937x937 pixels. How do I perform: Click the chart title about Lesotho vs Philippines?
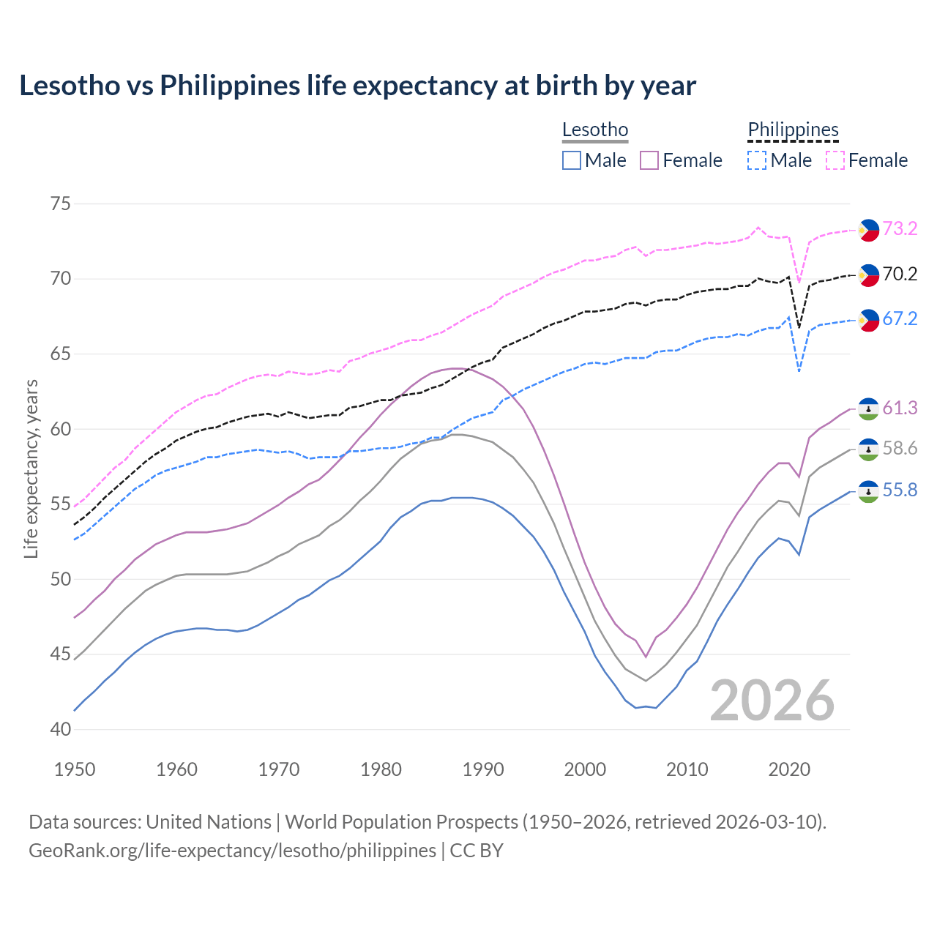pyautogui.click(x=357, y=86)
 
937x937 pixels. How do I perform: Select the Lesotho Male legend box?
pyautogui.click(x=572, y=160)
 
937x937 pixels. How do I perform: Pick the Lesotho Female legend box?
pyautogui.click(x=649, y=160)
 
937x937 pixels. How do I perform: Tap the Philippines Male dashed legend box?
pyautogui.click(x=757, y=160)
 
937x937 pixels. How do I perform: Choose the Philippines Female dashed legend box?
pyautogui.click(x=835, y=160)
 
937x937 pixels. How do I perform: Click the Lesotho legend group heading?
pyautogui.click(x=595, y=130)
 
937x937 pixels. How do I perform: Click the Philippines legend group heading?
pyautogui.click(x=793, y=130)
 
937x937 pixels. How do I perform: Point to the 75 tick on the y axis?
pyautogui.click(x=61, y=204)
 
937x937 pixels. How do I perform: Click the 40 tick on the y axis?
pyautogui.click(x=61, y=729)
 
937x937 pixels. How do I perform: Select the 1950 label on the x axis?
pyautogui.click(x=75, y=769)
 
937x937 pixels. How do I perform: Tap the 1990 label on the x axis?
pyautogui.click(x=483, y=769)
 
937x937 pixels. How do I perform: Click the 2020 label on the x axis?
pyautogui.click(x=789, y=769)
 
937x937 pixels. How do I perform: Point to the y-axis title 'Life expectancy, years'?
pyautogui.click(x=31, y=468)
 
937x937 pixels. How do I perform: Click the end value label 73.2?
pyautogui.click(x=900, y=228)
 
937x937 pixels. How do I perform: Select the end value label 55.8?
pyautogui.click(x=900, y=490)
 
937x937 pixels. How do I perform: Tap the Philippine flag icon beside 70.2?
pyautogui.click(x=868, y=275)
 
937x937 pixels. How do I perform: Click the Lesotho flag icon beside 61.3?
pyautogui.click(x=868, y=409)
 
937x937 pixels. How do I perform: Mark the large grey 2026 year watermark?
pyautogui.click(x=772, y=701)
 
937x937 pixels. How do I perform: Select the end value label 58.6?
pyautogui.click(x=900, y=448)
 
